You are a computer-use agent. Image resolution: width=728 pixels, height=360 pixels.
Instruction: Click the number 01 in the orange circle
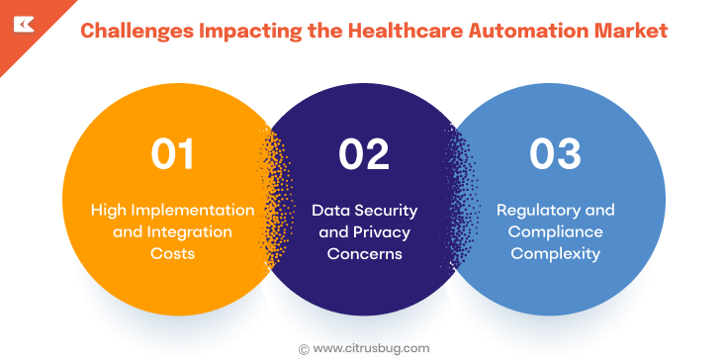click(172, 155)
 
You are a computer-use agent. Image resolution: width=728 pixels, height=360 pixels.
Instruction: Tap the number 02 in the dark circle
click(364, 155)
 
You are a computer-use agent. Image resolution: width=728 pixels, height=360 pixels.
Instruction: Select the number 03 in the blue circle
click(554, 155)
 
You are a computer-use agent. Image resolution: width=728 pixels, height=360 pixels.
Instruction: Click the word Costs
click(173, 253)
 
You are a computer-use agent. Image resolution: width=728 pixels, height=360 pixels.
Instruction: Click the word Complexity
click(555, 253)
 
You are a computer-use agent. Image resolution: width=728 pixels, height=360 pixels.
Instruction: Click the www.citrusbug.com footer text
click(372, 348)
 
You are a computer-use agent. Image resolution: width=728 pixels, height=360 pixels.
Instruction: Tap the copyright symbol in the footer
click(304, 348)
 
